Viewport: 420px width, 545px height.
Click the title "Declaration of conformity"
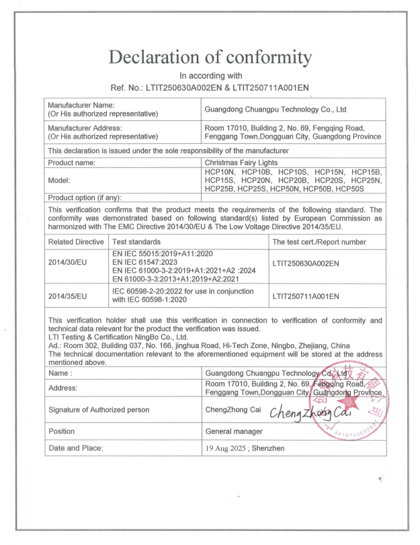(x=210, y=57)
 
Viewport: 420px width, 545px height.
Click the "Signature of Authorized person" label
(x=98, y=410)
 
